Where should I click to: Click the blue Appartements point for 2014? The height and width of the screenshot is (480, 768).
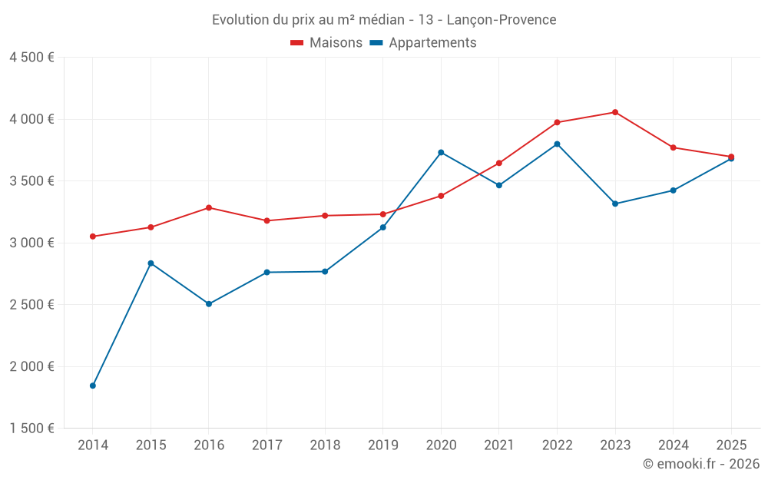pos(93,386)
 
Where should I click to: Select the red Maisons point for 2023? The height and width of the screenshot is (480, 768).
pos(615,112)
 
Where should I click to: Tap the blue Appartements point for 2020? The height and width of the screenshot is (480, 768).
pos(441,152)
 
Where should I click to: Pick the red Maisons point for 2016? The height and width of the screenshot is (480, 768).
pos(209,207)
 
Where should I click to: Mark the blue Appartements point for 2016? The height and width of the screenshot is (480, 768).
pos(209,304)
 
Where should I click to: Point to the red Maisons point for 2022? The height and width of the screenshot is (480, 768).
pos(557,122)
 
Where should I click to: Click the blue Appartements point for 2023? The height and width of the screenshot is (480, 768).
pos(615,204)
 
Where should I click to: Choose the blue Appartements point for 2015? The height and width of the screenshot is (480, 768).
pos(151,263)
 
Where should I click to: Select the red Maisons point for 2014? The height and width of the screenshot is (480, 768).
pos(93,237)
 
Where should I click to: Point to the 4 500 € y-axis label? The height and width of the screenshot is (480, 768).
pos(31,58)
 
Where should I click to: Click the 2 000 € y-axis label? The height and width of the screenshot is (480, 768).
pos(31,366)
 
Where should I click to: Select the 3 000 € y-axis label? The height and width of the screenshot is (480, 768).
pos(31,243)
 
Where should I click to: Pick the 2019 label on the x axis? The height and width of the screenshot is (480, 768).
pos(382,445)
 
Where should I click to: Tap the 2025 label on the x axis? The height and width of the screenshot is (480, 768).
pos(730,445)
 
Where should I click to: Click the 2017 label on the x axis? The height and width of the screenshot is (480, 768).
pos(266,445)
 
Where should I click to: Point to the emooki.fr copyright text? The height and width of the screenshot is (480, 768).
pos(700,464)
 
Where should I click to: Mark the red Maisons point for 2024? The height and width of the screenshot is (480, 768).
pos(673,147)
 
